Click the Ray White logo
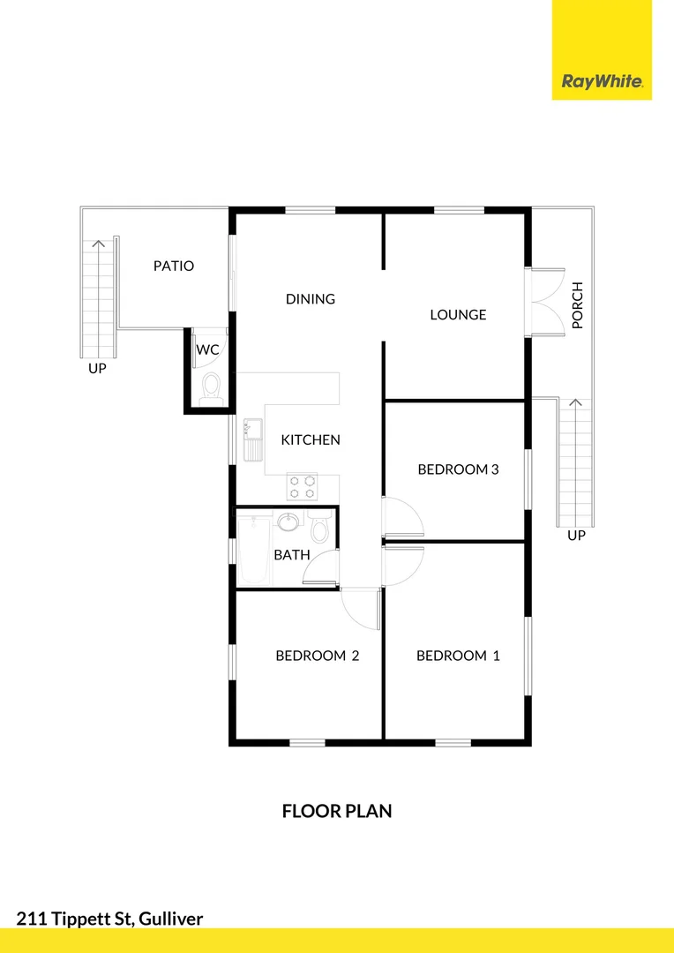click(x=602, y=82)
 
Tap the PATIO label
click(x=174, y=266)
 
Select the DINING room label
click(x=311, y=299)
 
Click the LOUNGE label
click(x=458, y=315)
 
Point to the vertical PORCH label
click(x=578, y=305)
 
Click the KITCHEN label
click(x=311, y=439)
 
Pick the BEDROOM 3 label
click(x=458, y=469)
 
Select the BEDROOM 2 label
click(x=317, y=656)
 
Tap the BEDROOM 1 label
click(x=458, y=656)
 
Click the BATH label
click(x=291, y=555)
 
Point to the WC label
click(x=207, y=350)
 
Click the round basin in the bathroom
click(x=288, y=522)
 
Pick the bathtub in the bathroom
click(x=254, y=551)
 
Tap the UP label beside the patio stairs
click(x=97, y=369)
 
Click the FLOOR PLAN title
click(x=337, y=811)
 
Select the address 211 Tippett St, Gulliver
click(x=109, y=919)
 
